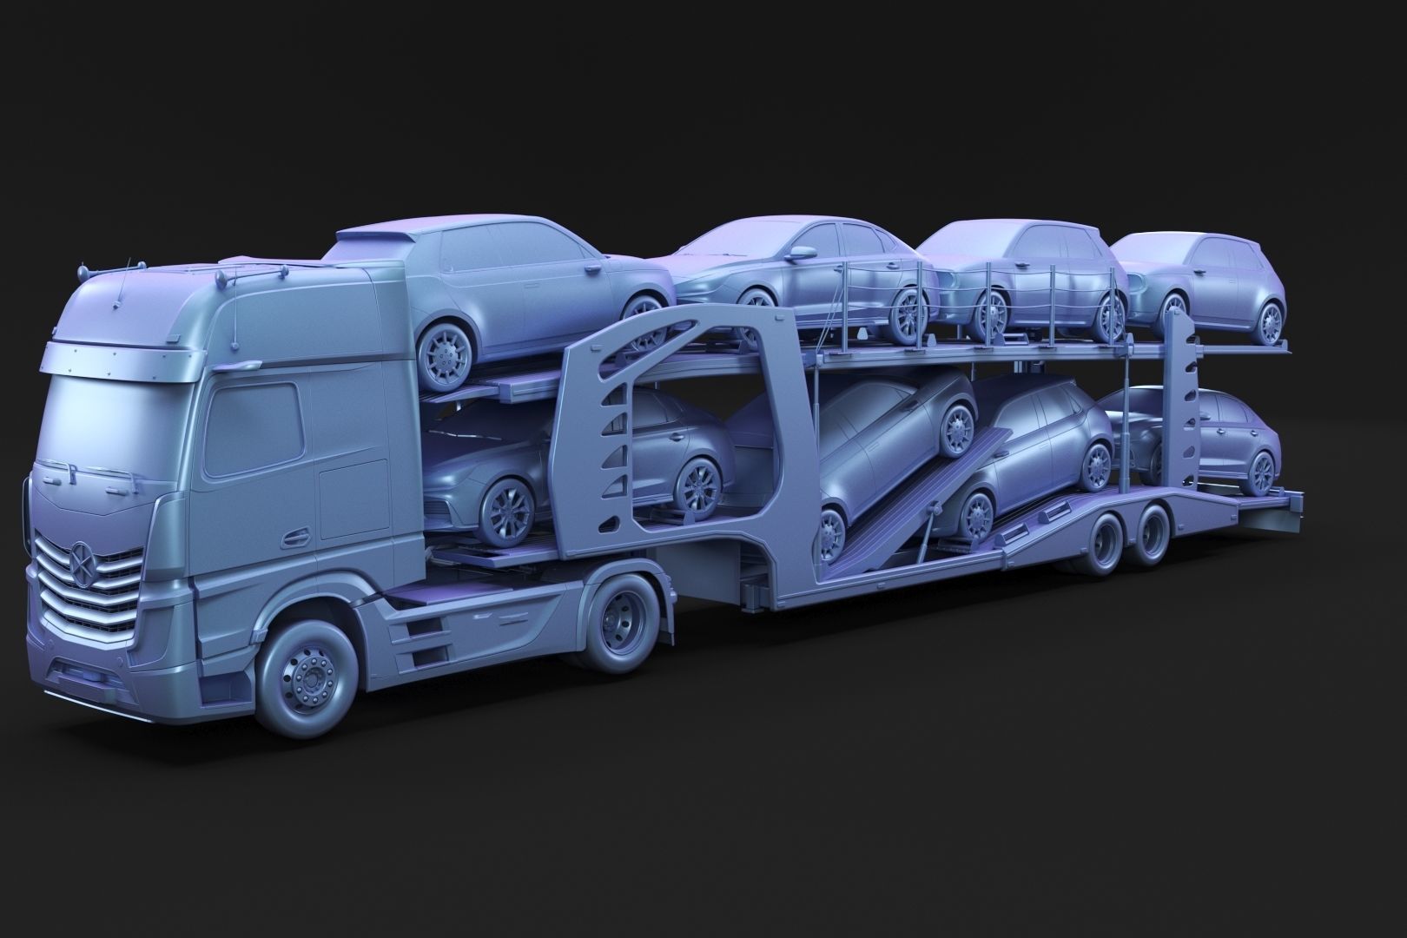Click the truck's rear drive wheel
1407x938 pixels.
[x=624, y=624]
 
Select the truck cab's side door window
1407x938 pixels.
[x=254, y=432]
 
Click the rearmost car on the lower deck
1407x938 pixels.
[x=1216, y=443]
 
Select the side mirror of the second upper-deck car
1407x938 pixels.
[x=797, y=254]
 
